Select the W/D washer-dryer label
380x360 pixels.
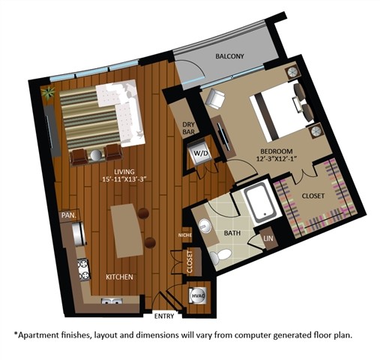(201, 154)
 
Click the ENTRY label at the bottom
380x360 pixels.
(163, 315)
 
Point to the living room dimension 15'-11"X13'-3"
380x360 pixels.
(129, 178)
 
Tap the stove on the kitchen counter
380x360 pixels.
(84, 266)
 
